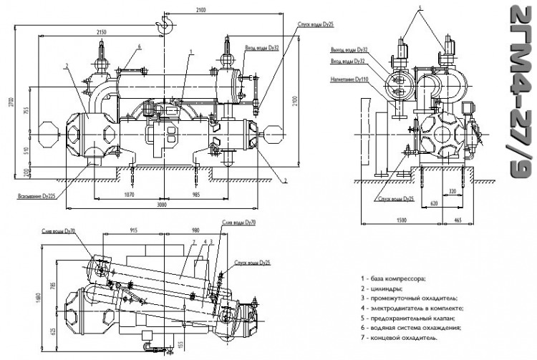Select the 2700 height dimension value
click(x=9, y=104)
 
